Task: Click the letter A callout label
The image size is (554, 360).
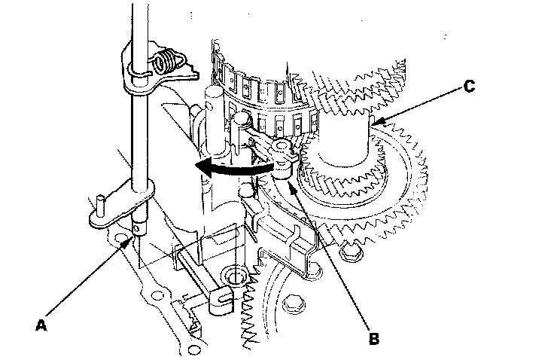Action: point(42,325)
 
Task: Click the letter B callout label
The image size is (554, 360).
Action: point(374,338)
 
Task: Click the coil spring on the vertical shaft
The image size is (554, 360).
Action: point(172,59)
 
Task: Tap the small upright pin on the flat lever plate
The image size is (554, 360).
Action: point(100,203)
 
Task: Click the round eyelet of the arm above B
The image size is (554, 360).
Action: point(283,145)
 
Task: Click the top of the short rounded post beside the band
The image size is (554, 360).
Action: point(214,92)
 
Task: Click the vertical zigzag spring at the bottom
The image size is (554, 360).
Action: point(251,316)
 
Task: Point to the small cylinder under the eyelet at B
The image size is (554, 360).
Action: point(282,169)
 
